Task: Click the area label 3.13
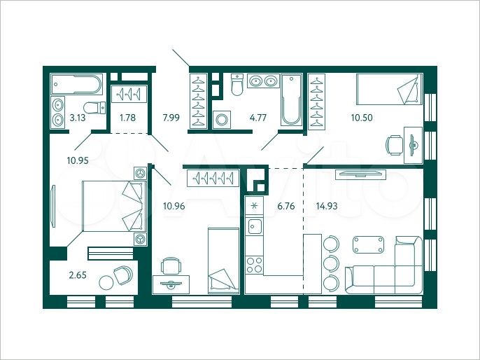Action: click(x=76, y=118)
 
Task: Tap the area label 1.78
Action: click(x=127, y=118)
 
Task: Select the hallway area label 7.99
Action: click(x=171, y=118)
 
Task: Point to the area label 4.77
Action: click(x=258, y=118)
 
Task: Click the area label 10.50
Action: click(x=361, y=118)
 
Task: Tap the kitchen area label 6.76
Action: click(x=286, y=207)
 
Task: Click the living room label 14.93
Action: click(x=327, y=207)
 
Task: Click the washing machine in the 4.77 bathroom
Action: click(x=223, y=119)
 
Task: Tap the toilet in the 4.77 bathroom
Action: click(x=237, y=86)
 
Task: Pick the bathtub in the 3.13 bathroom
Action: click(x=77, y=85)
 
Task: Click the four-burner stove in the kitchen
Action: click(x=254, y=264)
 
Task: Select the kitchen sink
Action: click(x=254, y=227)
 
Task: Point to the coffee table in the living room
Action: click(x=369, y=244)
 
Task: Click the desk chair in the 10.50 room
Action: click(x=393, y=146)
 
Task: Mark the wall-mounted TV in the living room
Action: click(x=359, y=172)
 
